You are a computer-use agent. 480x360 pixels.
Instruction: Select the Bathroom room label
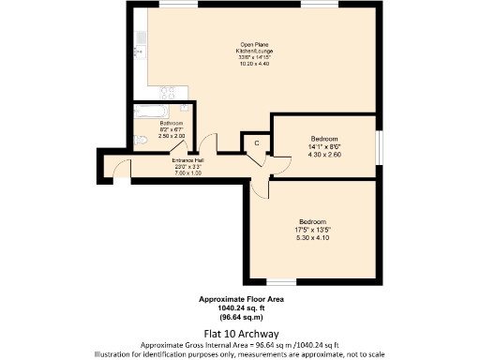click(171, 124)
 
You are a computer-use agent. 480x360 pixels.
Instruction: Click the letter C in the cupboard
click(256, 143)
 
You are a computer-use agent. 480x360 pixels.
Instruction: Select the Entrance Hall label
click(187, 160)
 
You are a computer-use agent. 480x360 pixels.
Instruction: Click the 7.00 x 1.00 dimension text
click(187, 173)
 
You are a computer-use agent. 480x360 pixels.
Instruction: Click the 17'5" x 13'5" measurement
click(314, 230)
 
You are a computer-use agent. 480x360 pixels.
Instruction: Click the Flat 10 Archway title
click(239, 333)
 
